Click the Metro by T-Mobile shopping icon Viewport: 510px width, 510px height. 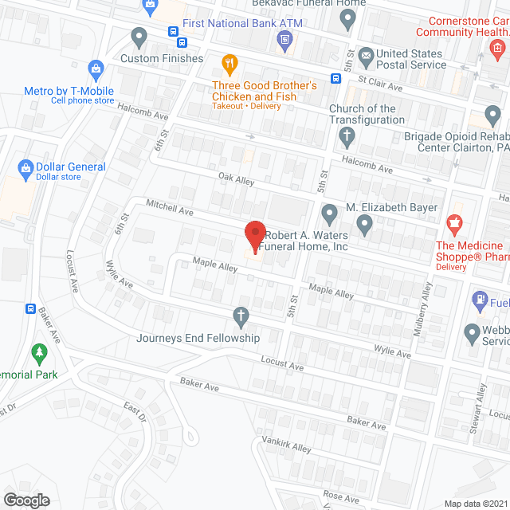click(x=97, y=69)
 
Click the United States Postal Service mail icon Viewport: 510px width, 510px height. click(x=366, y=56)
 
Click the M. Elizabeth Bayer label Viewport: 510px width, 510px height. click(x=391, y=207)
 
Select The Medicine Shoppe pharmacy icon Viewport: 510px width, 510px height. click(x=454, y=225)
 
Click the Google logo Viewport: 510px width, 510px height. click(x=26, y=500)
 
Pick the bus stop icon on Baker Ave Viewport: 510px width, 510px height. click(x=30, y=308)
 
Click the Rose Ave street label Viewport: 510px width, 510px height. click(x=342, y=496)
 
